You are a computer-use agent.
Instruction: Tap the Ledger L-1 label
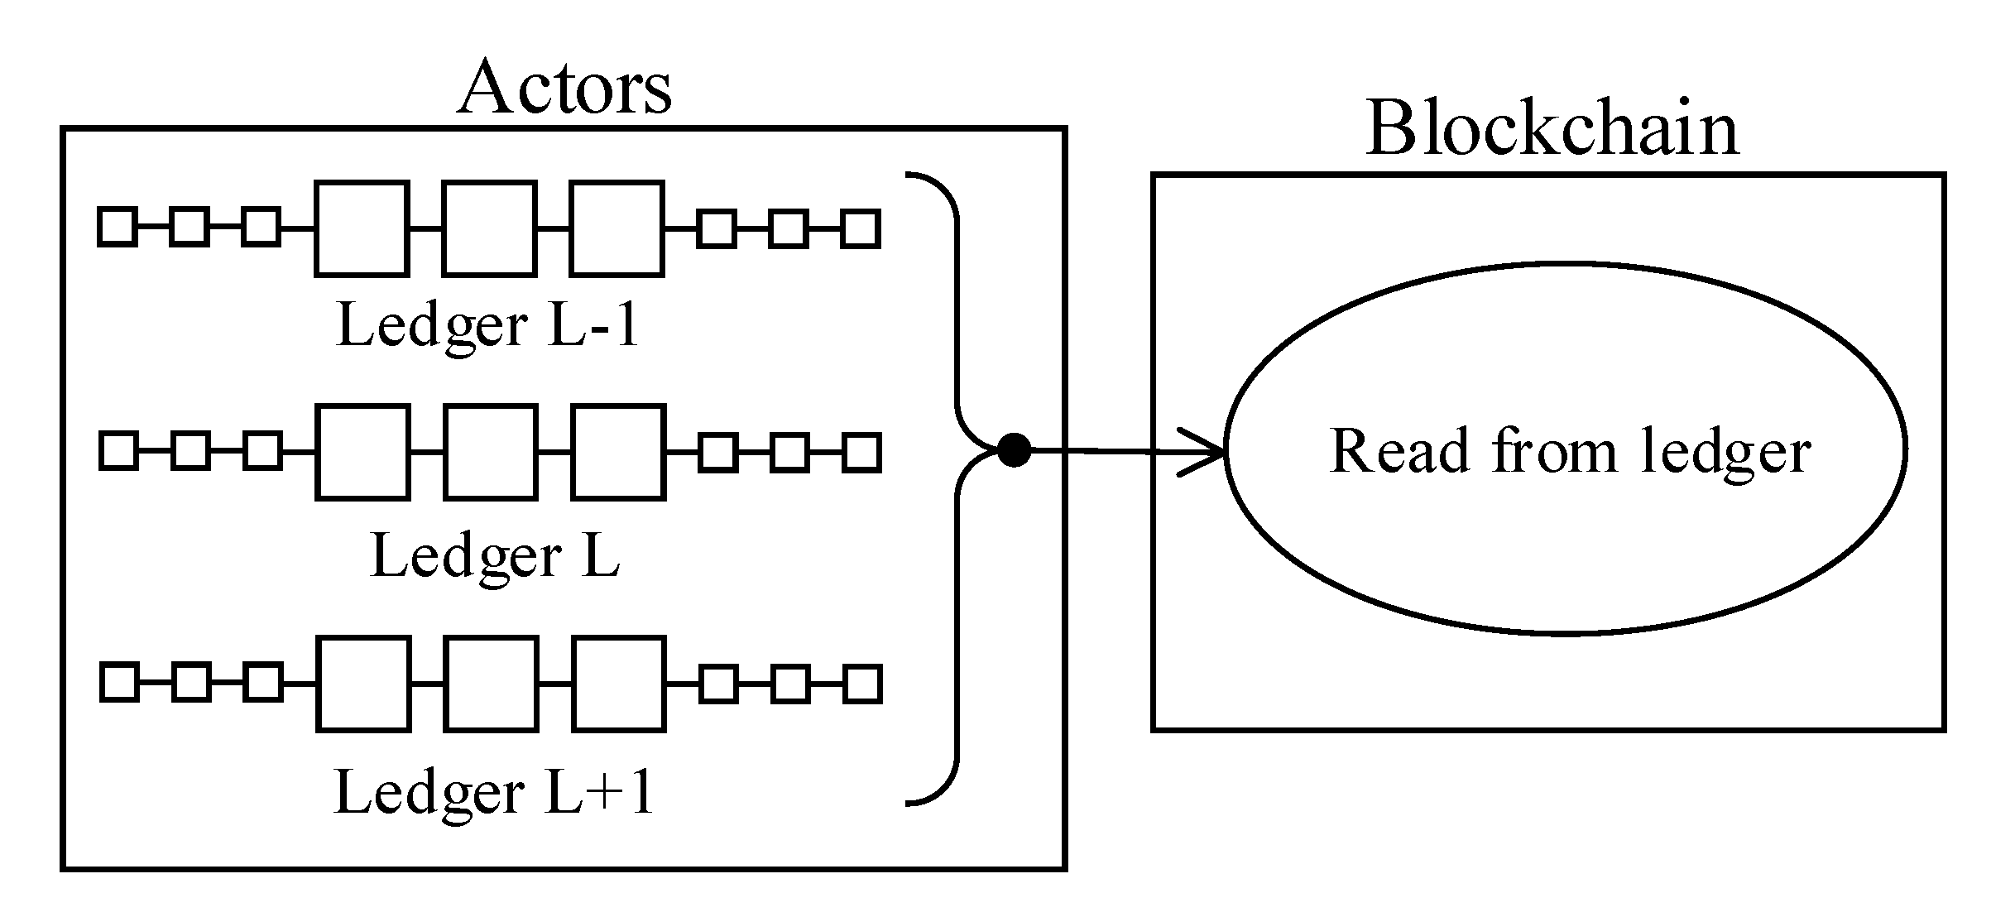[488, 325]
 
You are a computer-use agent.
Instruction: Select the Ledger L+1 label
[494, 793]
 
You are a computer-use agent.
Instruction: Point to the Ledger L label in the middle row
[495, 556]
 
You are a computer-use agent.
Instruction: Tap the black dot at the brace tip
[1014, 450]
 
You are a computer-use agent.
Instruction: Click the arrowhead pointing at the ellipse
[1210, 452]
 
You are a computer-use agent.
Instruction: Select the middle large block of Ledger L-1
[489, 228]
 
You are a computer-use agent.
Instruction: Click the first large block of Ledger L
[362, 452]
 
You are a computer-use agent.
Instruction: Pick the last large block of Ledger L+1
[618, 684]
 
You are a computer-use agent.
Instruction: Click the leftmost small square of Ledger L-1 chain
[118, 228]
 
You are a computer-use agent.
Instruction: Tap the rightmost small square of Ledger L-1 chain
[860, 228]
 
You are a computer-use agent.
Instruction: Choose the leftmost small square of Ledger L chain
[118, 452]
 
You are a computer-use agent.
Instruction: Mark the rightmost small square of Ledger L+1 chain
[862, 684]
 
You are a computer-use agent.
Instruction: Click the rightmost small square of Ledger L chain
[861, 453]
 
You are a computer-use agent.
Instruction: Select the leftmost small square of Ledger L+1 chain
[119, 684]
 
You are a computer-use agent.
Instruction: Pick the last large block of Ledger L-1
[616, 228]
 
